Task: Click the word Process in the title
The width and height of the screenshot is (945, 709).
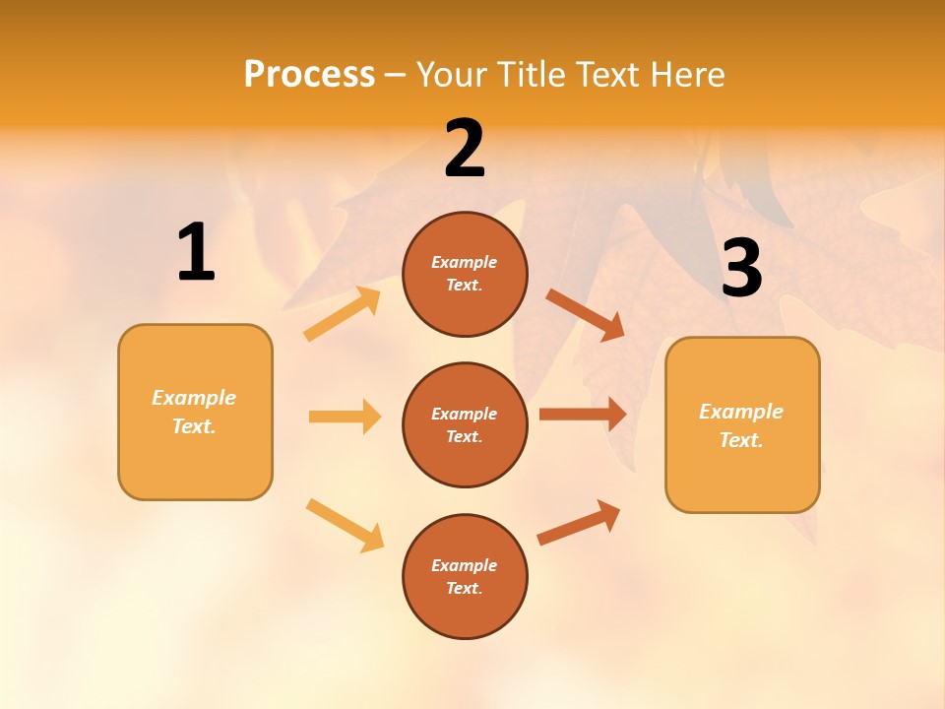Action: [x=309, y=75]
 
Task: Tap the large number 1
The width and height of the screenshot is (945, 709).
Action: [x=196, y=253]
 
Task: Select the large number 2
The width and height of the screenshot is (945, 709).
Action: [x=465, y=150]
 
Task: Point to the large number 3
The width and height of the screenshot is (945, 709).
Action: [x=741, y=269]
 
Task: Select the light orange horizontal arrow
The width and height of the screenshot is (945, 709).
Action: [x=345, y=417]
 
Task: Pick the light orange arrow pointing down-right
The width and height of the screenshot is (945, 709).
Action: [x=345, y=525]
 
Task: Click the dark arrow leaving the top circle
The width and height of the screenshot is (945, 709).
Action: [x=585, y=315]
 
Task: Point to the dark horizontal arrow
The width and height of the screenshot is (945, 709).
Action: [x=583, y=414]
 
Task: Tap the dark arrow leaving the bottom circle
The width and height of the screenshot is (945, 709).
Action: [x=579, y=523]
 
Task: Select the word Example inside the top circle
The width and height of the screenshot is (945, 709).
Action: [x=465, y=262]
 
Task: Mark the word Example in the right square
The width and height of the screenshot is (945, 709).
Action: [x=741, y=412]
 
